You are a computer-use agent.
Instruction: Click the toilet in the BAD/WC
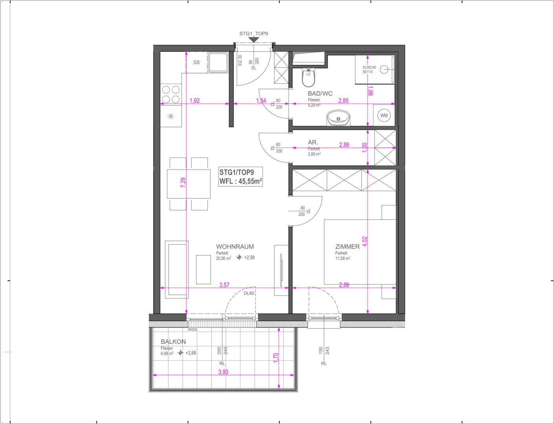pyautogui.click(x=308, y=77)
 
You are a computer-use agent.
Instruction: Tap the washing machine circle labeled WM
pyautogui.click(x=384, y=115)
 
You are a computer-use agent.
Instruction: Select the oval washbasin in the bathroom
pyautogui.click(x=338, y=118)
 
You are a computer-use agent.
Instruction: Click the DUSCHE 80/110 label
pyautogui.click(x=369, y=69)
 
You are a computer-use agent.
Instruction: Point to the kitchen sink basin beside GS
pyautogui.click(x=218, y=62)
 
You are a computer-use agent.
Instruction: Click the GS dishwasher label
pyautogui.click(x=196, y=62)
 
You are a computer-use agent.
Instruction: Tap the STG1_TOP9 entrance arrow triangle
pyautogui.click(x=254, y=40)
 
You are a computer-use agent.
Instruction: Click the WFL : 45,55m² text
pyautogui.click(x=241, y=181)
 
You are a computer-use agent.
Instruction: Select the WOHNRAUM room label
pyautogui.click(x=235, y=247)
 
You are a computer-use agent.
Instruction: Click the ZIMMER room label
pyautogui.click(x=347, y=247)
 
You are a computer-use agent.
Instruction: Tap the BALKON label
pyautogui.click(x=173, y=342)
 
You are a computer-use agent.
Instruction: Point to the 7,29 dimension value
pyautogui.click(x=183, y=183)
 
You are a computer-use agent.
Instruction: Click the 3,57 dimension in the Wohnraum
pyautogui.click(x=224, y=285)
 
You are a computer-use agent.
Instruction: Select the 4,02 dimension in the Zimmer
pyautogui.click(x=365, y=242)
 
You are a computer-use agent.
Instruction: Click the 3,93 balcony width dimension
pyautogui.click(x=223, y=372)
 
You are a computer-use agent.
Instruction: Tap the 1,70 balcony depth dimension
pyautogui.click(x=276, y=358)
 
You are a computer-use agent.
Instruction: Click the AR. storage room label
pyautogui.click(x=313, y=143)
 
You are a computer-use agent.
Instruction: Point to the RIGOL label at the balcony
pyautogui.click(x=193, y=330)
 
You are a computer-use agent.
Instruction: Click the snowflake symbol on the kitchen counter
pyautogui.click(x=171, y=116)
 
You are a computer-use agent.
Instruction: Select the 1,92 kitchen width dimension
pyautogui.click(x=194, y=101)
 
